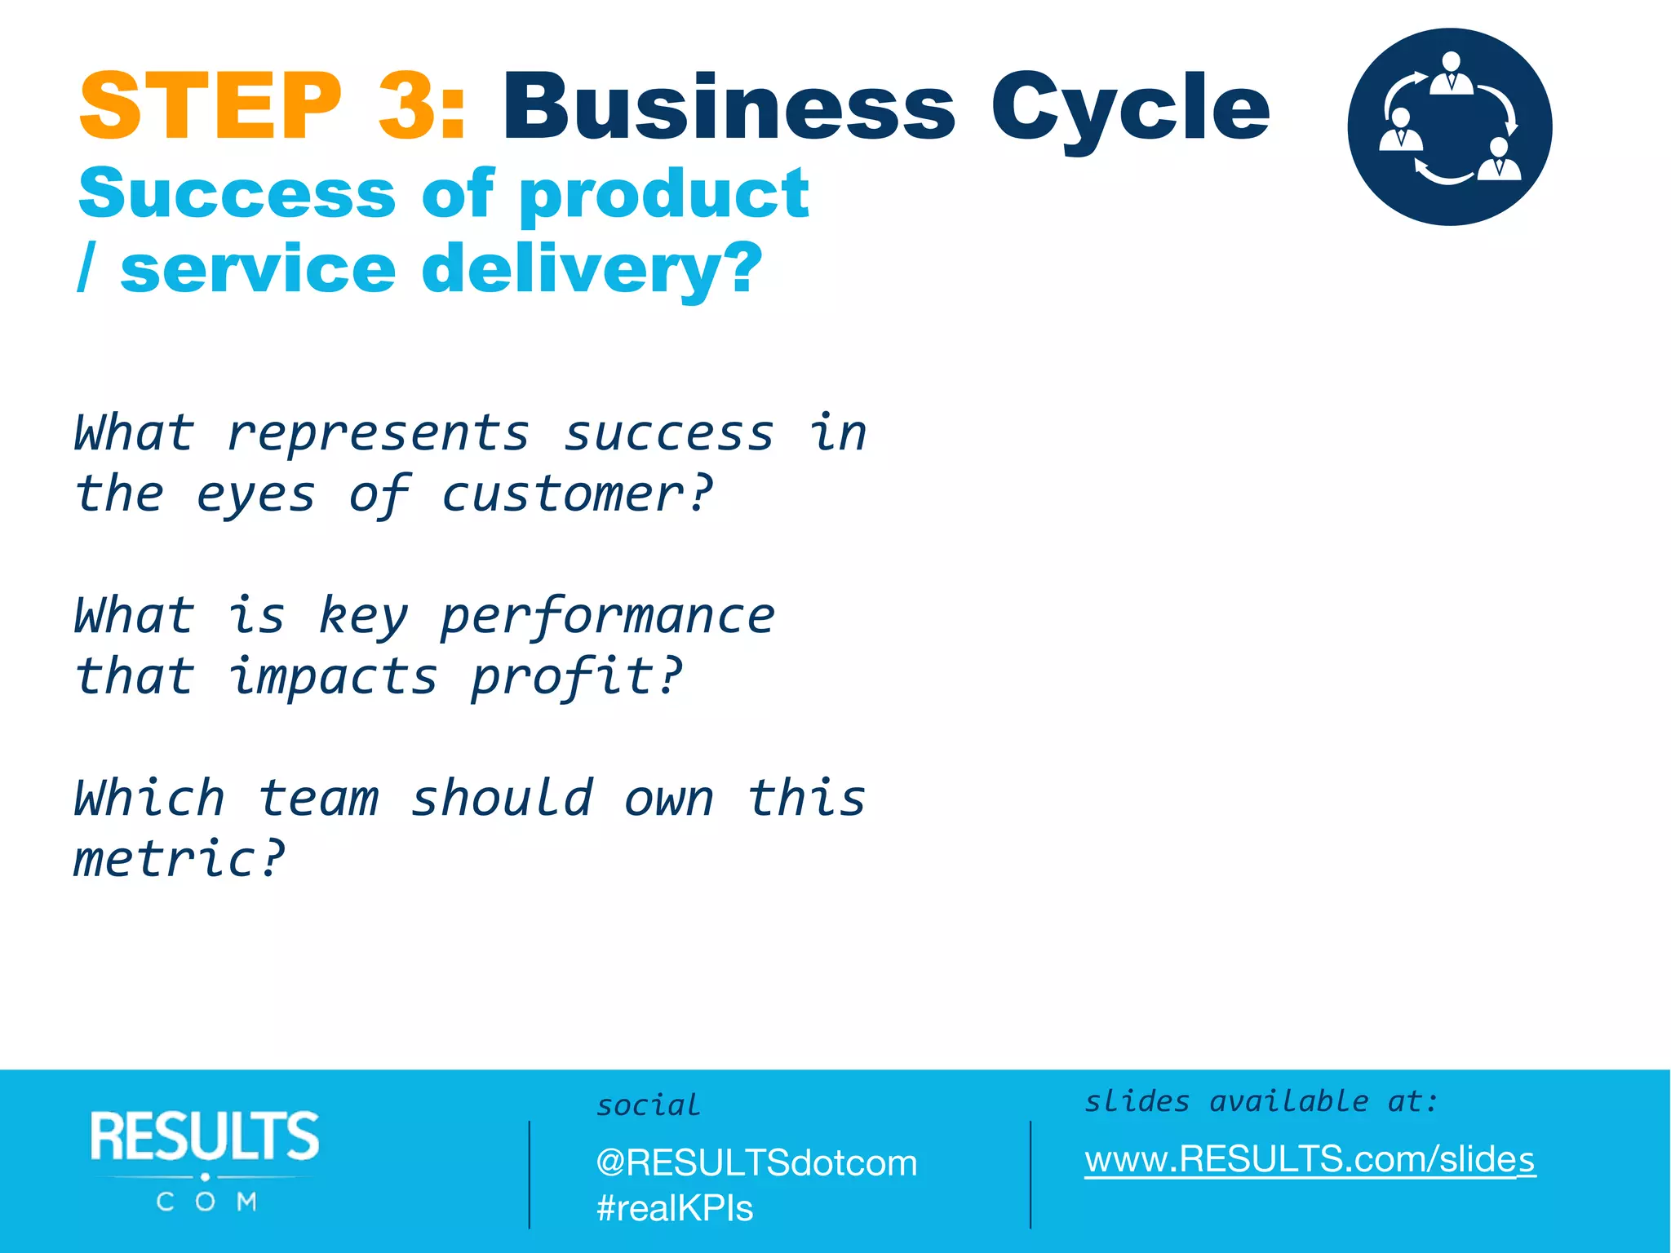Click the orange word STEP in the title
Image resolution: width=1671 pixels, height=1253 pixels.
pos(211,107)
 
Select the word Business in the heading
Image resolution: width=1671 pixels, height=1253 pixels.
pos(728,107)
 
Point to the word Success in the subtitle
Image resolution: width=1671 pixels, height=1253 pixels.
pos(237,195)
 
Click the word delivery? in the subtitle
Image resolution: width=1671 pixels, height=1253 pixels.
pos(592,270)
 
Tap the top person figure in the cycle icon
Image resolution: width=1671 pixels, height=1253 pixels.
pos(1451,74)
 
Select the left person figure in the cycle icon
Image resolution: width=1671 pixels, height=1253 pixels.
pos(1400,131)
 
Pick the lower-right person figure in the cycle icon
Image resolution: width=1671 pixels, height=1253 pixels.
pos(1500,159)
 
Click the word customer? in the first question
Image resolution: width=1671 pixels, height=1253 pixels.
pos(577,494)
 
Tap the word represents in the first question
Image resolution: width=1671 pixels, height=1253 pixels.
pos(378,434)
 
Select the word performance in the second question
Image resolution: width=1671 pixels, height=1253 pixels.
pos(607,617)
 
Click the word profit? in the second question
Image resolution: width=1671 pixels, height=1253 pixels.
pos(576,678)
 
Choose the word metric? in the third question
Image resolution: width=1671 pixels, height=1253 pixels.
pos(180,859)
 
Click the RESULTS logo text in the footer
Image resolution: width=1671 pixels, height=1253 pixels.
pos(205,1136)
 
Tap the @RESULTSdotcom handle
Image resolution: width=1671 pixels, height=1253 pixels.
pos(756,1163)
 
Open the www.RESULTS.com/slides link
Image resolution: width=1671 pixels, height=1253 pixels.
pos(1310,1159)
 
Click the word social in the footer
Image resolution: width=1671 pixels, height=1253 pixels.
pos(648,1105)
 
